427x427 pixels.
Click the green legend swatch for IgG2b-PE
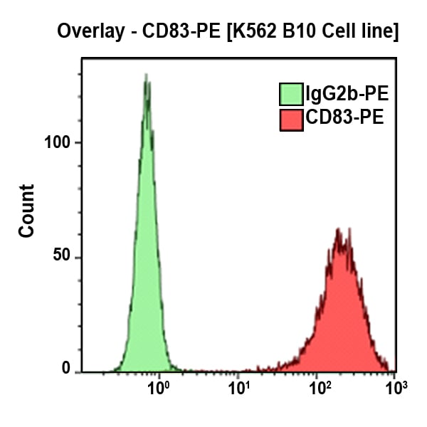(291, 94)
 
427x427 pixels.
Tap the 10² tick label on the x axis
(320, 389)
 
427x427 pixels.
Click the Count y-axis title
(26, 211)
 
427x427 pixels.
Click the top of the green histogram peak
(146, 75)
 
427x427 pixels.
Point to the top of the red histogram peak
(340, 231)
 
